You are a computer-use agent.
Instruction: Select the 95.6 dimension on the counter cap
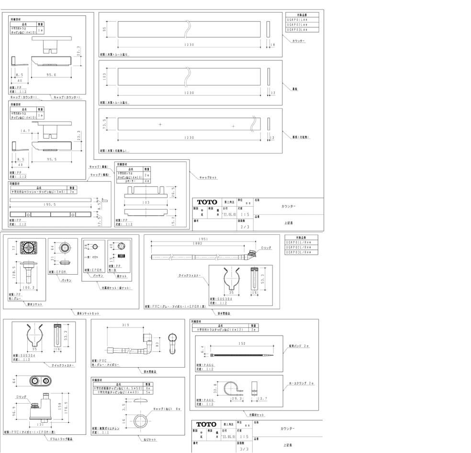tap(51, 75)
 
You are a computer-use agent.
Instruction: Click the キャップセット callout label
tap(208, 177)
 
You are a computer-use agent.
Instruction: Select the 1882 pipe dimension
tap(197, 244)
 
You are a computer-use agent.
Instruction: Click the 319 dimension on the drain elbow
tap(126, 325)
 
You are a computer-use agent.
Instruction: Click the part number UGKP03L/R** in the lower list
tap(301, 252)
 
